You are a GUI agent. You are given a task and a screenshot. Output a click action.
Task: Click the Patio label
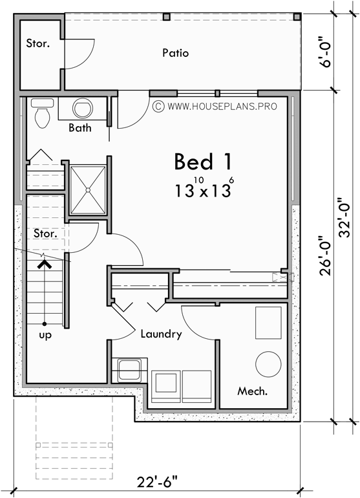[x=176, y=53]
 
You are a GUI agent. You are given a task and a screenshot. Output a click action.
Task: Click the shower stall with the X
[x=87, y=189]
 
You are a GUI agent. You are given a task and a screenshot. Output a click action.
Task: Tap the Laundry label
[x=161, y=334]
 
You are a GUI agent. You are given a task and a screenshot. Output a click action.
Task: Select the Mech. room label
[x=253, y=391]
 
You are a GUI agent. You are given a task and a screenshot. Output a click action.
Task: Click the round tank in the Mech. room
[x=268, y=364]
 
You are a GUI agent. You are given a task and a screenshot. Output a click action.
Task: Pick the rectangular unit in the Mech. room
[x=268, y=321]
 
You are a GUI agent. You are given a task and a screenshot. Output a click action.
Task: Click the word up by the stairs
[x=45, y=336]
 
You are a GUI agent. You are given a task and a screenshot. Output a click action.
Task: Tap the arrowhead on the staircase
[x=44, y=263]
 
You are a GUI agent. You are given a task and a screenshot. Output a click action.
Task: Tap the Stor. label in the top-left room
[x=37, y=44]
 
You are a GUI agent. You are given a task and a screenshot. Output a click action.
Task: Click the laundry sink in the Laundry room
[x=131, y=371]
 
